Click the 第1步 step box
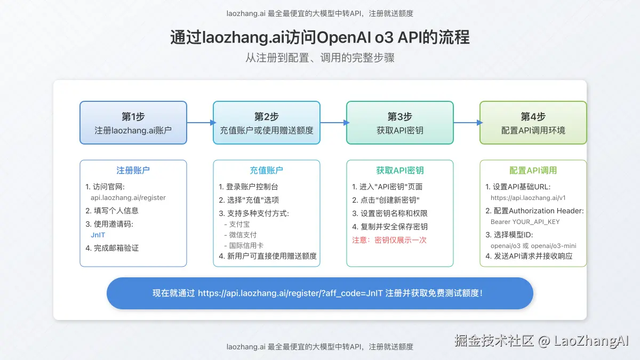(x=133, y=123)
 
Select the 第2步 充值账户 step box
(x=267, y=123)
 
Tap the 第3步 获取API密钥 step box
(x=400, y=123)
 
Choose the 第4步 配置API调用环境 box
(x=533, y=123)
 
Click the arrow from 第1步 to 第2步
(x=200, y=123)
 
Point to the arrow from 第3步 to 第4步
(x=467, y=123)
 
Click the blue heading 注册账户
(x=133, y=170)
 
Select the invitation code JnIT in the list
(x=98, y=235)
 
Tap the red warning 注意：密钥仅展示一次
(x=389, y=240)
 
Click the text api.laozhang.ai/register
(x=128, y=197)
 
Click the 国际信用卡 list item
(x=246, y=245)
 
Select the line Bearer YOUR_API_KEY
(x=525, y=221)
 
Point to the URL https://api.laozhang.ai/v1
(x=528, y=197)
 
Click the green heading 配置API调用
(x=533, y=170)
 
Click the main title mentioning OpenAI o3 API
(x=320, y=38)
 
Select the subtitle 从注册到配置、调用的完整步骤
(x=320, y=58)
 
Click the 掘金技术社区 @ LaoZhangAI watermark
(x=542, y=340)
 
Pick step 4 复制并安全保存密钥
(x=390, y=227)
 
